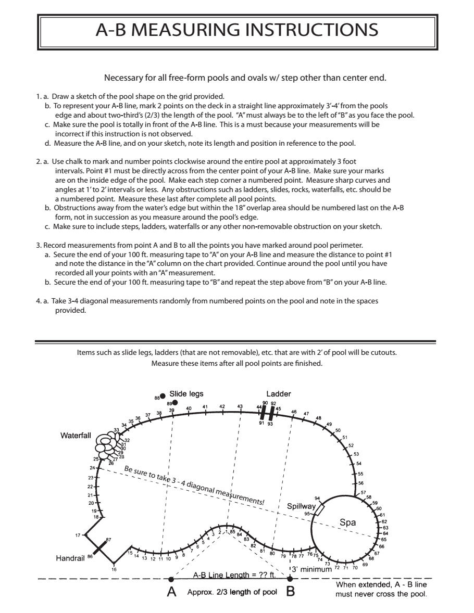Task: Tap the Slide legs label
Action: click(186, 394)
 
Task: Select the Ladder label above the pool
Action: click(279, 394)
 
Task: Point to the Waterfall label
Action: click(75, 436)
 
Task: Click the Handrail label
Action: click(70, 558)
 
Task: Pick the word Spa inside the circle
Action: click(347, 522)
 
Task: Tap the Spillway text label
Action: click(301, 506)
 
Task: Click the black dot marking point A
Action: click(171, 578)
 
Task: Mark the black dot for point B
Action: click(290, 578)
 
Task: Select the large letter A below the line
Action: click(171, 594)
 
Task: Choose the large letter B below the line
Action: click(291, 594)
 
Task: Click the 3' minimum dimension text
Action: click(313, 569)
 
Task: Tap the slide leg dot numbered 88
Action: click(163, 396)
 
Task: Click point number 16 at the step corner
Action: click(114, 568)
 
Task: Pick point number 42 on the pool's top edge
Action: click(222, 406)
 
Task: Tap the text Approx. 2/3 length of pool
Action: click(232, 594)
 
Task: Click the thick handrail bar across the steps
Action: click(100, 548)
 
